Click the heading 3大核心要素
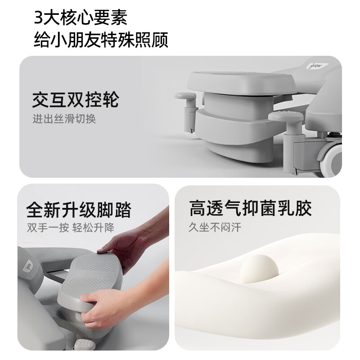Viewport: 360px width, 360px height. click(x=81, y=18)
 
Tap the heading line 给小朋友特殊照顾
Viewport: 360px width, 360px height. click(x=101, y=40)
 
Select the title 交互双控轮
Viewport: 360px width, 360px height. click(x=76, y=99)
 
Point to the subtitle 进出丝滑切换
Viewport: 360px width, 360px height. click(x=64, y=119)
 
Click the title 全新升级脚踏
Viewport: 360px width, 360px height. click(x=79, y=209)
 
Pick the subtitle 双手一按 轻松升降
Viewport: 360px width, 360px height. click(x=71, y=228)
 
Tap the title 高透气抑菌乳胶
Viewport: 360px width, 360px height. click(x=251, y=208)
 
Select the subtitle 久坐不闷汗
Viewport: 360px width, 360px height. click(x=215, y=227)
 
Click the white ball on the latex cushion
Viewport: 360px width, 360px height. click(x=259, y=268)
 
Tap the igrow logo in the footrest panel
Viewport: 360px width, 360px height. click(x=29, y=267)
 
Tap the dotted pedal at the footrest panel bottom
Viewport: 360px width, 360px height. click(x=85, y=344)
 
